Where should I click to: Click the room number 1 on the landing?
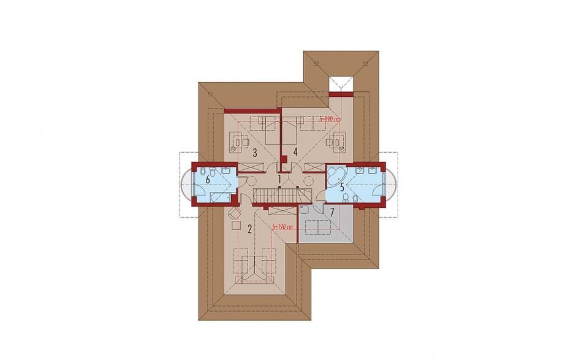pyautogui.click(x=279, y=180)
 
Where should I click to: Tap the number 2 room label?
pyautogui.click(x=249, y=229)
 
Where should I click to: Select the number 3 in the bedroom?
pyautogui.click(x=254, y=152)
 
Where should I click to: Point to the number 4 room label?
pyautogui.click(x=295, y=152)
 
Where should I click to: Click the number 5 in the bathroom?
pyautogui.click(x=342, y=188)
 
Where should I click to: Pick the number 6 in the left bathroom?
pyautogui.click(x=208, y=180)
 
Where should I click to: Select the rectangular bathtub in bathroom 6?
pyautogui.click(x=219, y=199)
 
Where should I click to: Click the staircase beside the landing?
pyautogui.click(x=282, y=195)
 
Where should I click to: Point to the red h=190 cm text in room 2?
pyautogui.click(x=282, y=228)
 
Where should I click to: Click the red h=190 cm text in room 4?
pyautogui.click(x=330, y=120)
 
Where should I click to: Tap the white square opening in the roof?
pyautogui.click(x=341, y=84)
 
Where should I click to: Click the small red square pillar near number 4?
pyautogui.click(x=284, y=159)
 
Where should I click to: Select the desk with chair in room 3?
pyautogui.click(x=239, y=142)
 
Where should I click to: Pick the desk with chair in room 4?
pyautogui.click(x=335, y=142)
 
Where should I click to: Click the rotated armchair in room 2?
pyautogui.click(x=233, y=213)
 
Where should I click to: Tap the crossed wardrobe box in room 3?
pyautogui.click(x=251, y=167)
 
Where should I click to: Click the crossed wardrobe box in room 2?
pyautogui.click(x=282, y=211)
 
